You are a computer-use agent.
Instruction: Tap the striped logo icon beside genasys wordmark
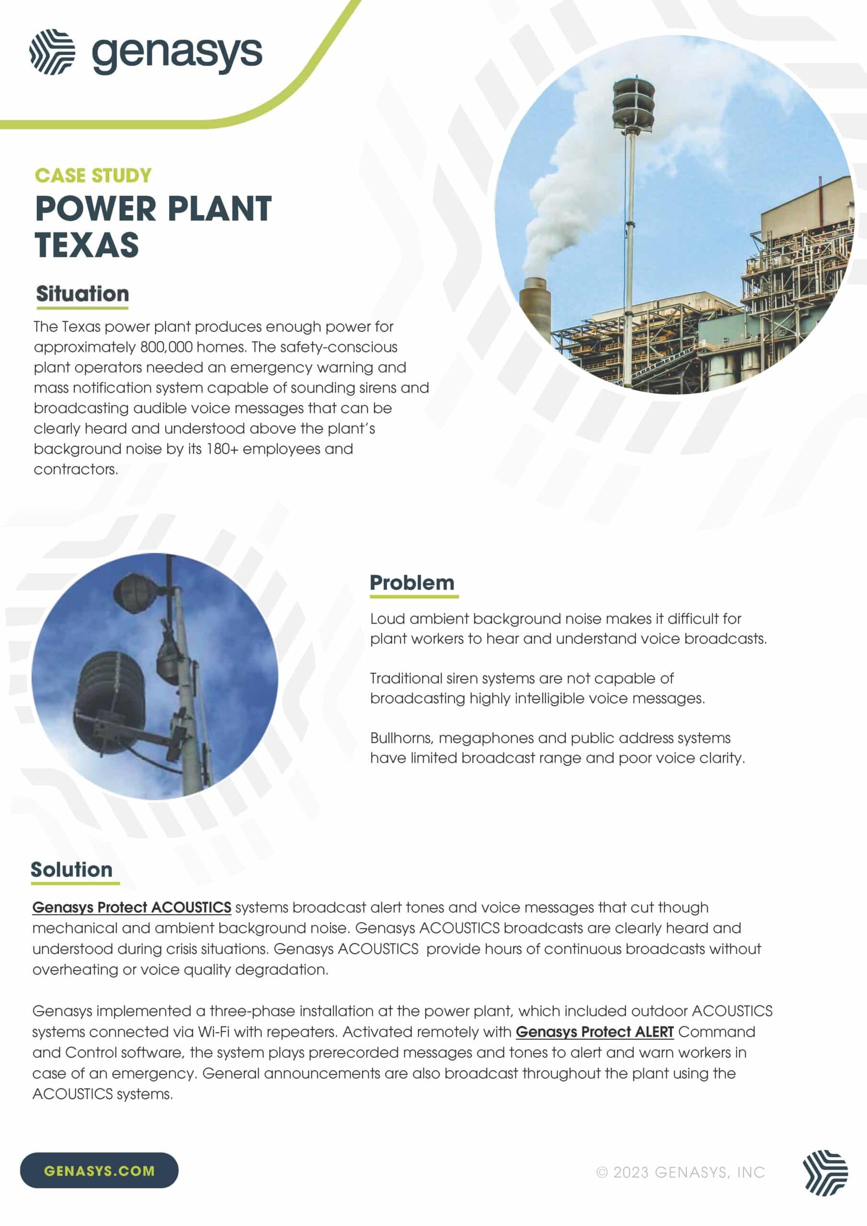tap(52, 52)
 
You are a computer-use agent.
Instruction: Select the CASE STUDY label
tap(93, 176)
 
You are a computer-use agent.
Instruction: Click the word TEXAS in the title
tap(87, 245)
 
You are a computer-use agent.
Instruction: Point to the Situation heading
tap(82, 294)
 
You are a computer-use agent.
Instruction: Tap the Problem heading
tap(412, 582)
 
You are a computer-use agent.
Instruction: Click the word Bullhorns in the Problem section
tap(401, 738)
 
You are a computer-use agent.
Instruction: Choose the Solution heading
tap(71, 870)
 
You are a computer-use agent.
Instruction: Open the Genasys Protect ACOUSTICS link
tap(131, 908)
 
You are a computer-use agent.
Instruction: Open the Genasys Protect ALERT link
tap(594, 1032)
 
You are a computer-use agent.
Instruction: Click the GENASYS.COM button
tap(99, 1171)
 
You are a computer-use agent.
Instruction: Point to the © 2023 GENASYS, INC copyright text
tap(681, 1173)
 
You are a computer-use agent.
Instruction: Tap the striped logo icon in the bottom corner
tap(825, 1173)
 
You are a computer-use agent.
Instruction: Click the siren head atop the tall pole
tap(634, 102)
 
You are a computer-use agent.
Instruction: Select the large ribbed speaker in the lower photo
tap(110, 700)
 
